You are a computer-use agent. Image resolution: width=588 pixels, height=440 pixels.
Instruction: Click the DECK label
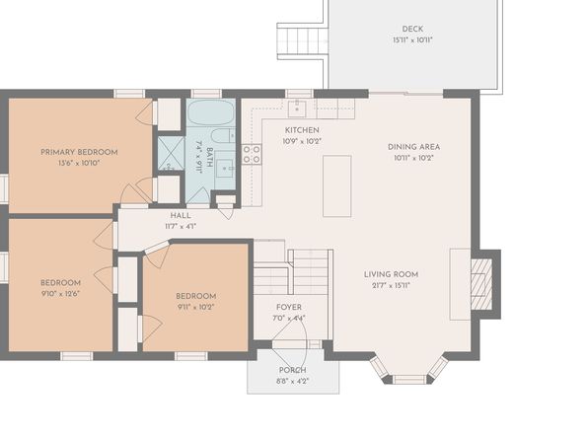[412, 29]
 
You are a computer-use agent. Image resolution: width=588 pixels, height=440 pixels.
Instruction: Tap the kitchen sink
[297, 109]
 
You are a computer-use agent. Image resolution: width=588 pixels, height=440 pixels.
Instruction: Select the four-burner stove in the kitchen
[252, 154]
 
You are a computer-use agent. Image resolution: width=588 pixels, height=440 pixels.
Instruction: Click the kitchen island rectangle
[337, 186]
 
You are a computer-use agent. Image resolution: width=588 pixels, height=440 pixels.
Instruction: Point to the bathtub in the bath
[211, 112]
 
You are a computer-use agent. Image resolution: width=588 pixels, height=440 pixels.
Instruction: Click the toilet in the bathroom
[222, 136]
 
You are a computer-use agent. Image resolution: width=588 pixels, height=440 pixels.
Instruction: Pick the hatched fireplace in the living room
[481, 284]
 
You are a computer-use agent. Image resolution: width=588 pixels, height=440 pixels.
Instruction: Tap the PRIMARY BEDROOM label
[79, 152]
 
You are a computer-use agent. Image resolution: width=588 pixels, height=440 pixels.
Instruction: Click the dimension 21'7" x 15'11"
[391, 285]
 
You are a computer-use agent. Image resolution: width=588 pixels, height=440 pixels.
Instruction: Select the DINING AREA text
[413, 147]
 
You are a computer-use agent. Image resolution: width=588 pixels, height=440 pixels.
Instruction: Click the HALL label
[181, 215]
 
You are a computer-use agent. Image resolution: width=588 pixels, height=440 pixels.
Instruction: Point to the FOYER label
[289, 307]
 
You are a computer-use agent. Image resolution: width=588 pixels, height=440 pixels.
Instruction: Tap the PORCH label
[292, 370]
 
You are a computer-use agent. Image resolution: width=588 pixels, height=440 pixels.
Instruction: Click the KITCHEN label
[302, 130]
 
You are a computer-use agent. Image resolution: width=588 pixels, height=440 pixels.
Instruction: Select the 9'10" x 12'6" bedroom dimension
[60, 294]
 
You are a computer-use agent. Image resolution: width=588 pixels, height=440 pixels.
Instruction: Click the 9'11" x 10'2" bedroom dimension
[195, 307]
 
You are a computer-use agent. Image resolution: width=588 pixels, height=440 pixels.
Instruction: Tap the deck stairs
[303, 40]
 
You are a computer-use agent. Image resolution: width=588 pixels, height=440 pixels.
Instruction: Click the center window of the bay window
[408, 379]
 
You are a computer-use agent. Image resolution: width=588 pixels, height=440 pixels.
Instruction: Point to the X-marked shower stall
[171, 153]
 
